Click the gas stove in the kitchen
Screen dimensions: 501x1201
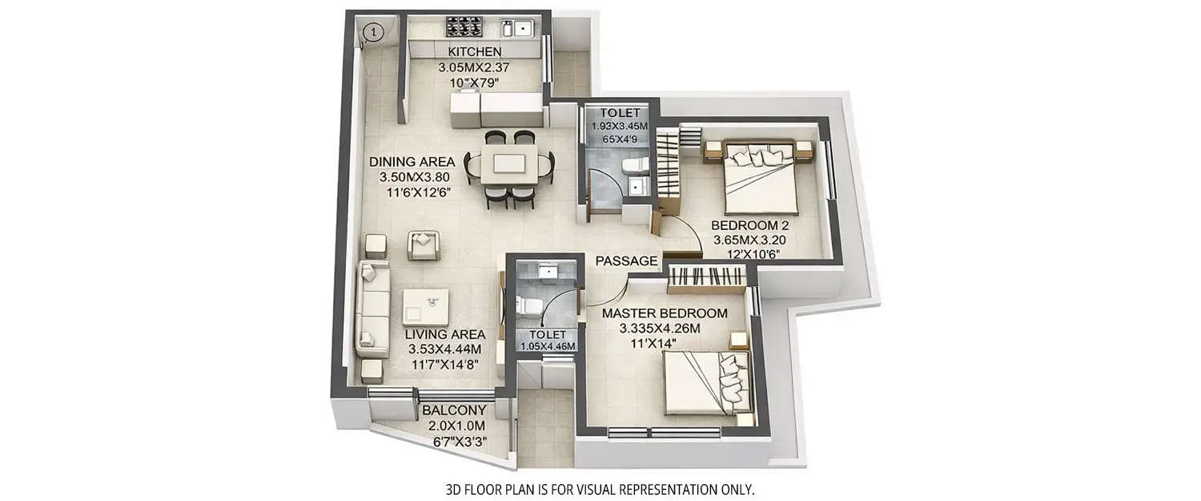point(463,26)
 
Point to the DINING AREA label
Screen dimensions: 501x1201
point(412,162)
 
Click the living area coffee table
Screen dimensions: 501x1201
point(426,307)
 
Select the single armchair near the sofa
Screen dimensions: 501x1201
point(424,244)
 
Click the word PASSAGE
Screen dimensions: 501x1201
point(627,261)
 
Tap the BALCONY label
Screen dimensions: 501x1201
point(455,411)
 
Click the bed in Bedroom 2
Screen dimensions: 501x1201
point(760,176)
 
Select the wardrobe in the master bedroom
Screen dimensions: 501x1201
point(708,276)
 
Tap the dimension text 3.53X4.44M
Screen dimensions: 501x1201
point(444,349)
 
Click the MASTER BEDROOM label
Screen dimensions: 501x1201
point(665,313)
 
